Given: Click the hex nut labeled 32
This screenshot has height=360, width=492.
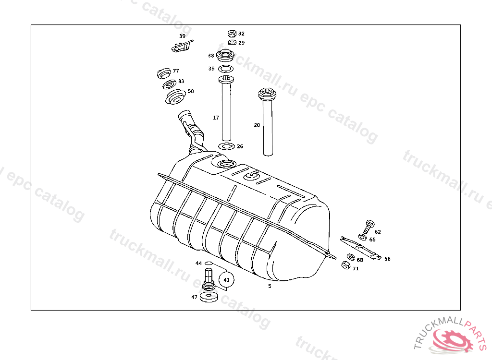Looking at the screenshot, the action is point(232,34).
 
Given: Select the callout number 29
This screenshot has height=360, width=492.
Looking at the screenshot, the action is point(241,43).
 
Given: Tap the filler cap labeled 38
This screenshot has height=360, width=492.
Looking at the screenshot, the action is point(225,56).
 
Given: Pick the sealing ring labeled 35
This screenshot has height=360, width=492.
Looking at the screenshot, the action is point(226,69).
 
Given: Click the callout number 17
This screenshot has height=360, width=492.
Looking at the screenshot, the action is point(216,118).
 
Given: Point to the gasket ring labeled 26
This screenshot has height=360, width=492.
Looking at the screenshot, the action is point(227,146).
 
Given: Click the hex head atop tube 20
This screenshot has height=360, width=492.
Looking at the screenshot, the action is point(267,93).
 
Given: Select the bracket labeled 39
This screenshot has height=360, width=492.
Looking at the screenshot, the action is point(182,46).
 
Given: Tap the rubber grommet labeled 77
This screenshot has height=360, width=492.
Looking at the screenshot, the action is point(164,73).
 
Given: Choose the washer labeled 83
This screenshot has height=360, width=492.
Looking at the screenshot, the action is point(170,84).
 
